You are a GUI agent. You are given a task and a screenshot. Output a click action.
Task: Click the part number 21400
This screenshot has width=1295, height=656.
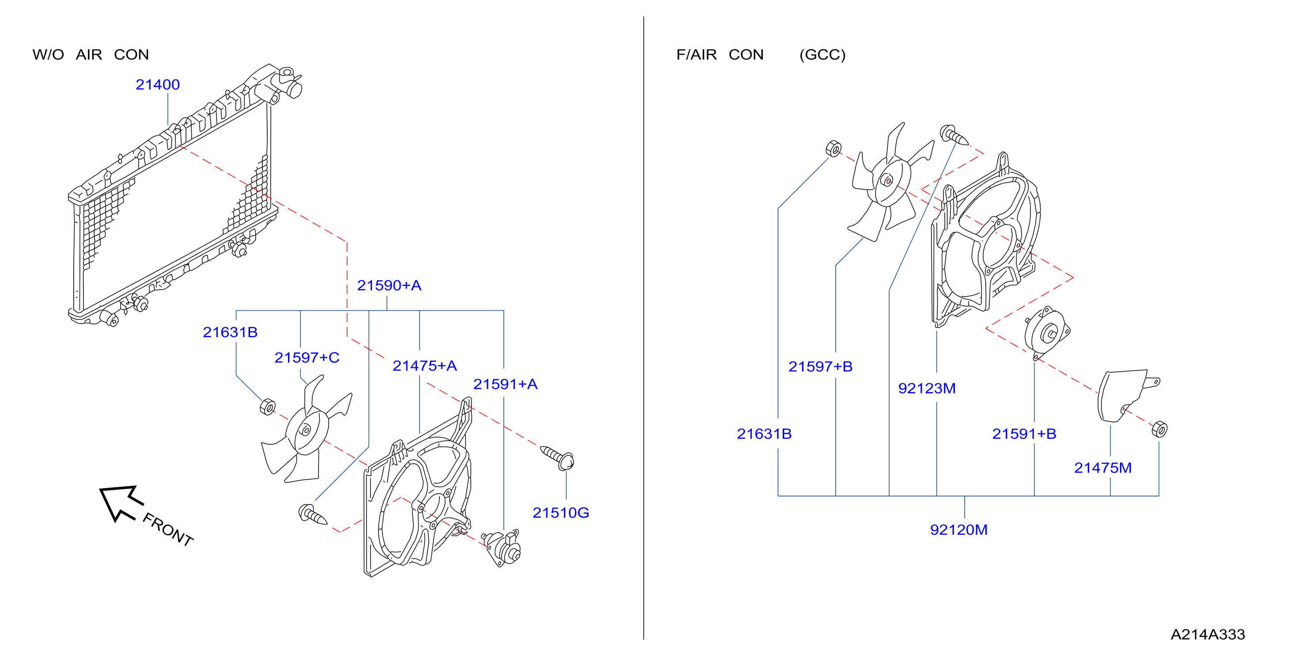point(157,84)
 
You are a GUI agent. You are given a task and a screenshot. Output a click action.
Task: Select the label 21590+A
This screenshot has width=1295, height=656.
point(389,285)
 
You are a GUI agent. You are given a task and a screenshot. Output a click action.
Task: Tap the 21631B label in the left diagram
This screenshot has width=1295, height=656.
point(230,332)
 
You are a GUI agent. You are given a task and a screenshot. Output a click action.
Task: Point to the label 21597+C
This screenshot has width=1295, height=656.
point(307,358)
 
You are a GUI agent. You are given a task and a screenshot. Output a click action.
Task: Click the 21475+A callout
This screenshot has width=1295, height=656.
point(425,366)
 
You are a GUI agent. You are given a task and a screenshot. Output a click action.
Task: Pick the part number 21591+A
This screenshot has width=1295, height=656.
point(505,384)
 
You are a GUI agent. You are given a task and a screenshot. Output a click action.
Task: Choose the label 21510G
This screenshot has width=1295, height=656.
point(560,513)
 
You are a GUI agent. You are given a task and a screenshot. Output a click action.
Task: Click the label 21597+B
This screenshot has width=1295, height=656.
point(821,367)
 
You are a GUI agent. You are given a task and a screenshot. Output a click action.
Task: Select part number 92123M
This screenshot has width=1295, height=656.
point(927,389)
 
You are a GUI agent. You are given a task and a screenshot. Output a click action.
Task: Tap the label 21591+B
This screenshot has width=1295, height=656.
point(1024,434)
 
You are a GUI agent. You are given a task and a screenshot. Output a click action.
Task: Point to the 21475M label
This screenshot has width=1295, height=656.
point(1103,468)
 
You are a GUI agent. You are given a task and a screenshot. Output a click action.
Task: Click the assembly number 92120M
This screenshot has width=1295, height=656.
point(959,530)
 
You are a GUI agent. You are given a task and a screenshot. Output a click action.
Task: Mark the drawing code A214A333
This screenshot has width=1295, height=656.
point(1208,634)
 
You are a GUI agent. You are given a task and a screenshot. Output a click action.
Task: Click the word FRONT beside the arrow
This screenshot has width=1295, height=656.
point(168,529)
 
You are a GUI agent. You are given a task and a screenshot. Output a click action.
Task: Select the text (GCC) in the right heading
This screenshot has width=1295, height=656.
point(822,54)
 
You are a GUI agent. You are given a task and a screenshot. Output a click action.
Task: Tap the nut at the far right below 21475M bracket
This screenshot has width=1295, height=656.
point(1159,429)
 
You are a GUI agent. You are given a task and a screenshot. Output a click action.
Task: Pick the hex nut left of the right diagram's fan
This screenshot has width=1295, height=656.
point(833,149)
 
